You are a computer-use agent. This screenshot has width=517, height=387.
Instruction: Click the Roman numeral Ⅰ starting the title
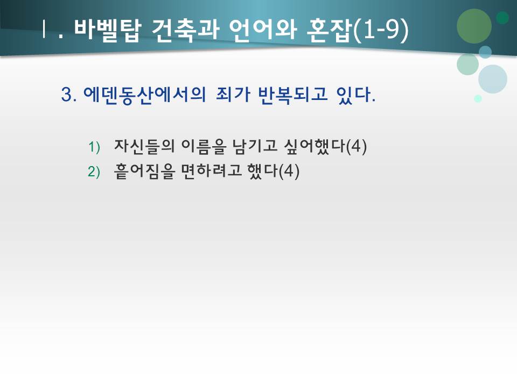click(43, 30)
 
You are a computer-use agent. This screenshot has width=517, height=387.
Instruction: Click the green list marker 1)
click(94, 147)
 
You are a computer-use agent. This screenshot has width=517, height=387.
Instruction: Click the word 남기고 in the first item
click(248, 146)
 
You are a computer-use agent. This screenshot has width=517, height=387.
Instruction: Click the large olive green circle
click(474, 26)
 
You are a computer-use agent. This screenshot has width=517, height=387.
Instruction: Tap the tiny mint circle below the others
click(478, 98)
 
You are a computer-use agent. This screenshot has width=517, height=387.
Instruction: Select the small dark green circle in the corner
click(502, 18)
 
